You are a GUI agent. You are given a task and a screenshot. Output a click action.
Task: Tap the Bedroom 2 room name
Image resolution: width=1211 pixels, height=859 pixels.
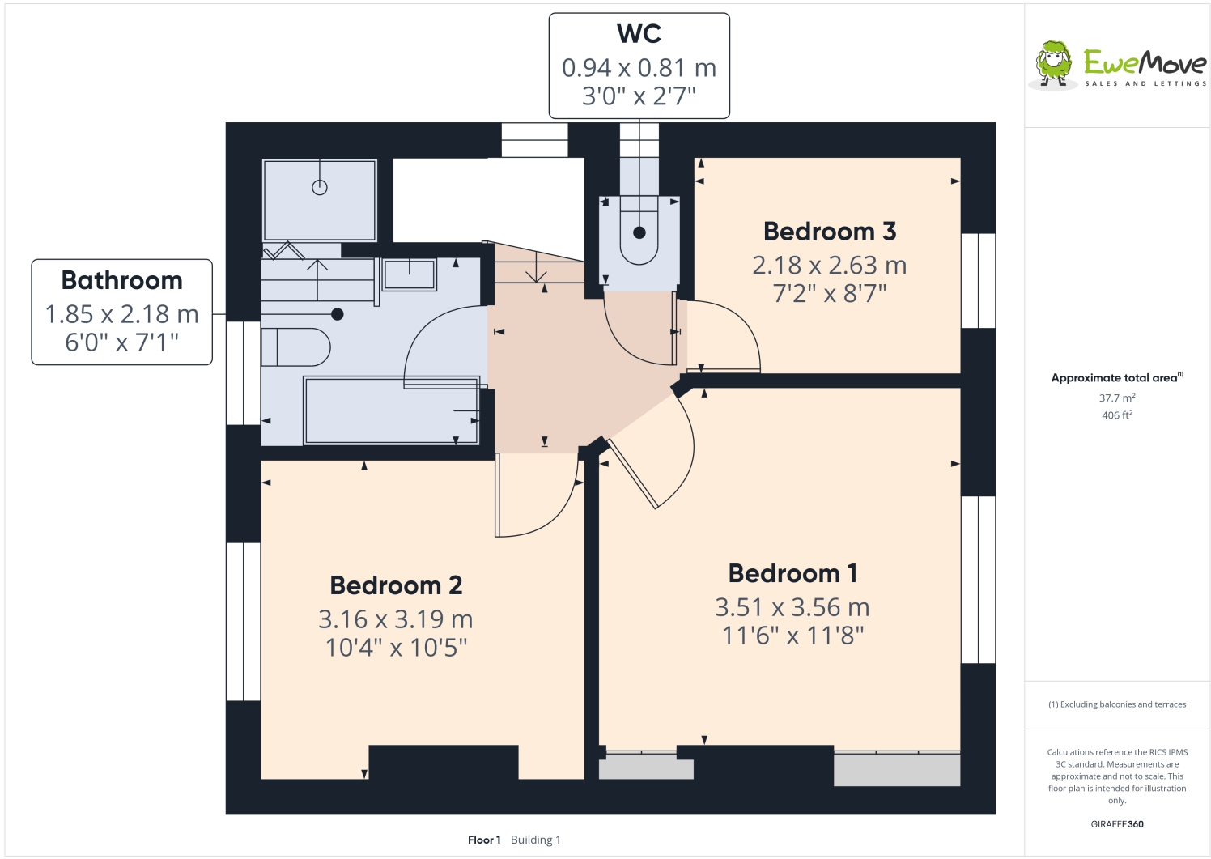pos(396,585)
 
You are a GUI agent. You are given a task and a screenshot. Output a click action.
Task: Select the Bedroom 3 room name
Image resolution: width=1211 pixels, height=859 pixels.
pos(830,232)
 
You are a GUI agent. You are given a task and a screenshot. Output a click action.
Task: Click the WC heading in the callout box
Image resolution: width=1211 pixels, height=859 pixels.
pos(639,34)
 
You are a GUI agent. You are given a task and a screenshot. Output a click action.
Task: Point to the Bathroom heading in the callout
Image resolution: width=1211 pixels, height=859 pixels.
pos(122,280)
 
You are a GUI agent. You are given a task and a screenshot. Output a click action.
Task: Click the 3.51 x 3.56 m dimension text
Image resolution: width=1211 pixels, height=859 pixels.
pos(792,607)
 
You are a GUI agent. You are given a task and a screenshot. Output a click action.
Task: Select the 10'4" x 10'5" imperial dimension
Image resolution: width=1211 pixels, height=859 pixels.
pos(396,648)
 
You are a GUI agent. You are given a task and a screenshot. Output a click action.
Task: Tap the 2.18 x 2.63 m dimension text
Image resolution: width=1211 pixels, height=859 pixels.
pos(830,266)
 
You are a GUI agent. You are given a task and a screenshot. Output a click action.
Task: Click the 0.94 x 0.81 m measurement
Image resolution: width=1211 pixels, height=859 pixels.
pos(639,68)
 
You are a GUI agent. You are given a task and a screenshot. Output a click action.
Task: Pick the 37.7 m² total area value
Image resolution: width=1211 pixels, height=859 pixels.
pos(1116,398)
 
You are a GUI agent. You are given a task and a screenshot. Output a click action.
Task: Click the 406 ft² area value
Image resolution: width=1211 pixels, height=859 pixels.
pos(1116,415)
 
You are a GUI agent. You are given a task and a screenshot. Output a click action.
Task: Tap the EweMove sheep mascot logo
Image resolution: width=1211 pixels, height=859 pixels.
pos(1053,64)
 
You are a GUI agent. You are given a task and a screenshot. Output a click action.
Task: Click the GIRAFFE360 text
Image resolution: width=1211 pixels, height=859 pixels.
pos(1116,824)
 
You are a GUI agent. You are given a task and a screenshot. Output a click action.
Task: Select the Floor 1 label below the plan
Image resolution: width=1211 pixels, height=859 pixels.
pos(484,840)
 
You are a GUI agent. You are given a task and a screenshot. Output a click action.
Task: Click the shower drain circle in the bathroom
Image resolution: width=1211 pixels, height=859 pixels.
pos(320,188)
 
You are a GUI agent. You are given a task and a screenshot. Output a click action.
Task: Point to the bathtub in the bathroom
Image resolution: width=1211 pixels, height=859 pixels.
pos(391,410)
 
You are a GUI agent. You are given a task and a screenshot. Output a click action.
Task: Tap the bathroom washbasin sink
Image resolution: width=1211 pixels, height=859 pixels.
pos(409,274)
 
